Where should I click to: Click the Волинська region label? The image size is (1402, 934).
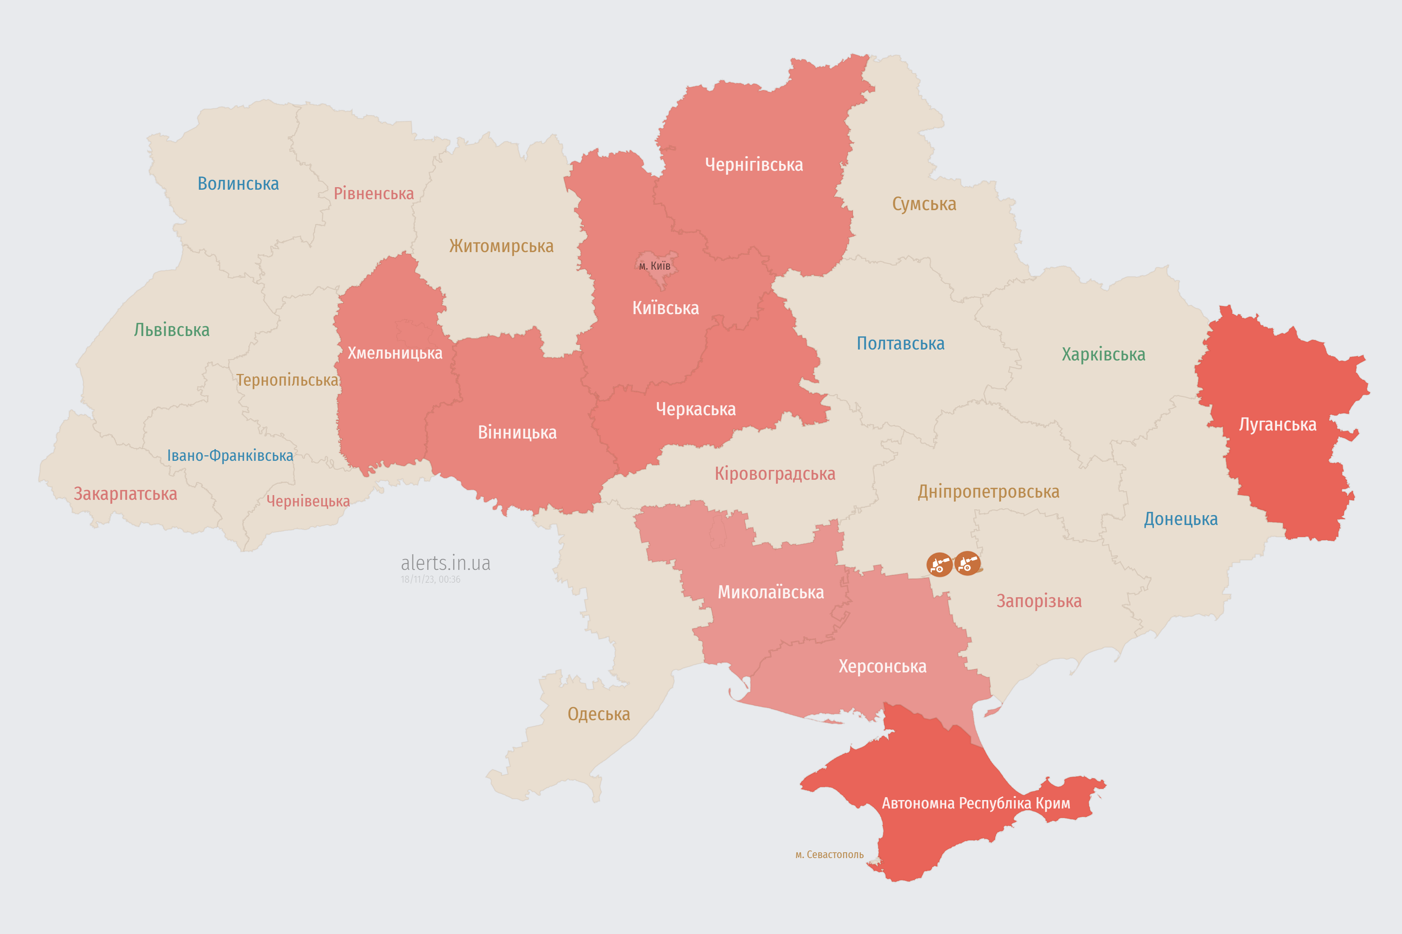[238, 184]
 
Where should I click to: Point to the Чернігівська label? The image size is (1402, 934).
[754, 165]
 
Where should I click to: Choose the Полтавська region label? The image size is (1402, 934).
[900, 344]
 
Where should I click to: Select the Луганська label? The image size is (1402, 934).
[1277, 425]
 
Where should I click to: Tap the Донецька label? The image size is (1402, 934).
[1180, 519]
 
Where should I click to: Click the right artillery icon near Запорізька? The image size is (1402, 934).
[967, 563]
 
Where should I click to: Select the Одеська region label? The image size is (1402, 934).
[598, 714]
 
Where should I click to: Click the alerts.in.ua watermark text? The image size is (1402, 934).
[445, 563]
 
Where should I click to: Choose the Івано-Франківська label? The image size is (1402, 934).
[230, 456]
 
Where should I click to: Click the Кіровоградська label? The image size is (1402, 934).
[774, 474]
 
